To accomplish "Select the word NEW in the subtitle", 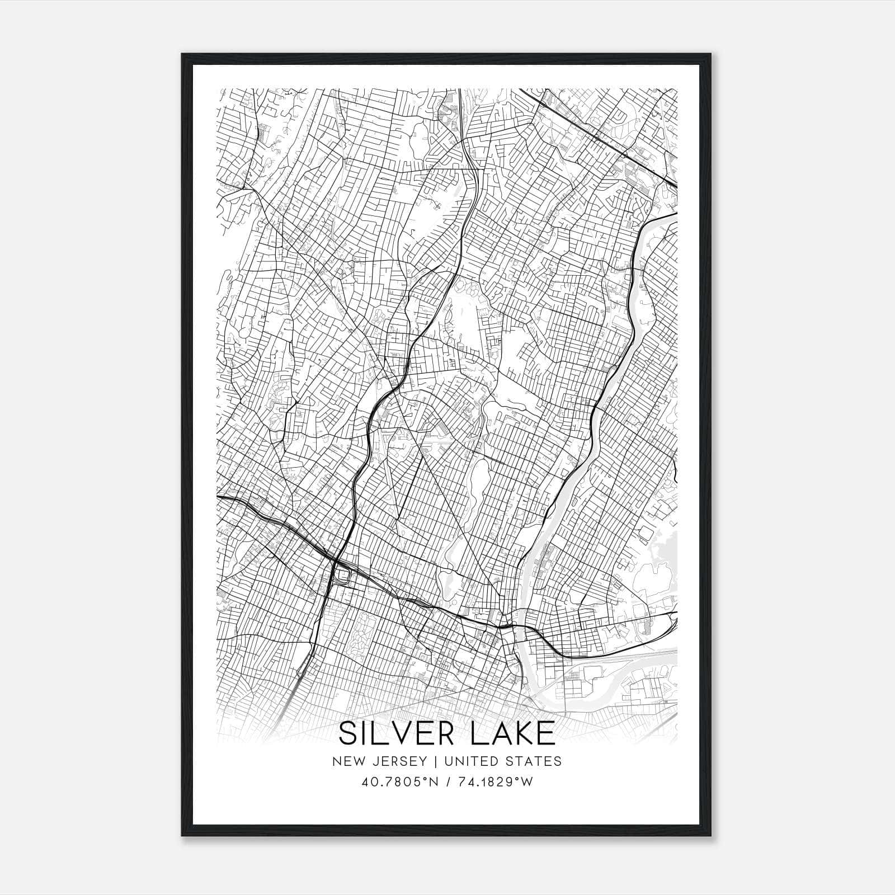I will click(x=346, y=761).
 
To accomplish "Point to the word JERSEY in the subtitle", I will click(x=394, y=761).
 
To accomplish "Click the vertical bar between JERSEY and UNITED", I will click(x=429, y=761).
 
